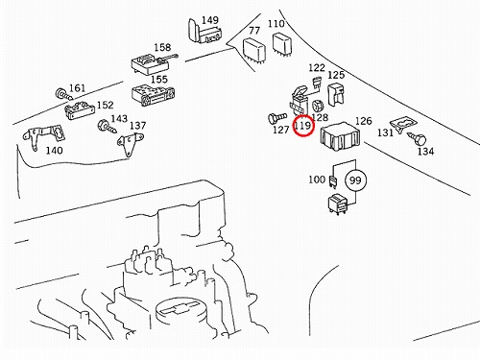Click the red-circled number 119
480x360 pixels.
302,125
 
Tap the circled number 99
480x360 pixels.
355,180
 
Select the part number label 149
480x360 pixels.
210,20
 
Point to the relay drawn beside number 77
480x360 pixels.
254,49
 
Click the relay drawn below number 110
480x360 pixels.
281,44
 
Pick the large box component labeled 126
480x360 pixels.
340,137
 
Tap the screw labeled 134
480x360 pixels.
418,138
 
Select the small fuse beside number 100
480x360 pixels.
333,181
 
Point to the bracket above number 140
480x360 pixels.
44,136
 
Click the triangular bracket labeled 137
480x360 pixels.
130,144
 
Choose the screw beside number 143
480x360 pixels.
108,126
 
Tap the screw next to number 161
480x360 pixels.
64,94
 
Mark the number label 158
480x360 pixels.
162,48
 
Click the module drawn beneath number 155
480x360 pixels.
153,95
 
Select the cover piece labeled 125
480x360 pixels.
336,95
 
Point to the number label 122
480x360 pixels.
317,68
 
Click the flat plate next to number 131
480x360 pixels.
403,124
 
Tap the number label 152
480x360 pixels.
106,105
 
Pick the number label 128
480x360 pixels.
320,117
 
